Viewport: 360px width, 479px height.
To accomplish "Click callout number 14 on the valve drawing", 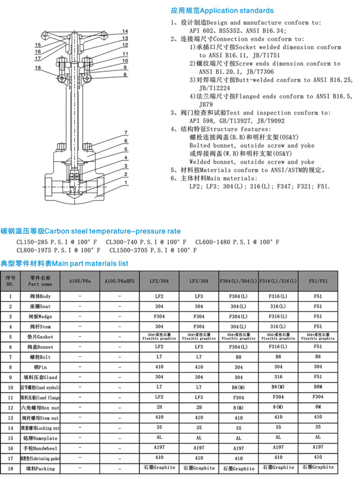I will tap(125, 31).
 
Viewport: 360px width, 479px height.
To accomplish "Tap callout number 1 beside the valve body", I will tap(125, 183).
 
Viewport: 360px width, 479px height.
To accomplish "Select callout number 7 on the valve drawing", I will tap(125, 133).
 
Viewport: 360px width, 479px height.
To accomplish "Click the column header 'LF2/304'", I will tap(159, 281).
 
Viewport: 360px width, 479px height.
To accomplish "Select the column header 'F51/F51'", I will tap(318, 281).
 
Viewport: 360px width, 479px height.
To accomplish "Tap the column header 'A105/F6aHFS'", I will tap(119, 281).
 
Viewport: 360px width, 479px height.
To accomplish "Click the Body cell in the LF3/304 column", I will tap(198, 296).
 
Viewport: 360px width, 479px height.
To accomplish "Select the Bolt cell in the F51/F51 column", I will tap(318, 356).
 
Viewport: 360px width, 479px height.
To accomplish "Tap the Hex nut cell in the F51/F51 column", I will tap(318, 407).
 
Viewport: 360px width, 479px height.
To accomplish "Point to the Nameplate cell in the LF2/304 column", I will tap(159, 438).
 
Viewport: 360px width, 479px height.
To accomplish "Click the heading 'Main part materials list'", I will tap(64, 263).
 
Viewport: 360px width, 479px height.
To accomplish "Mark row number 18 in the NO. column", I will tap(10, 468).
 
